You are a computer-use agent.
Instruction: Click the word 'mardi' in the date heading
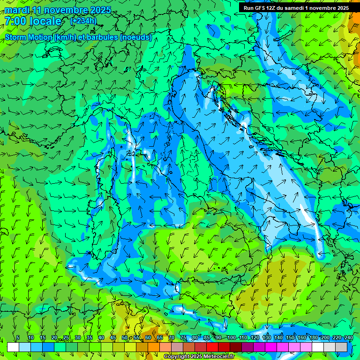(16, 10)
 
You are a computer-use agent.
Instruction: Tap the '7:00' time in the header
(15, 21)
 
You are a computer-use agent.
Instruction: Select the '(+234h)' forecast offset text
(83, 21)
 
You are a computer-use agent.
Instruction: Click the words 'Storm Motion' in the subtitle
(29, 37)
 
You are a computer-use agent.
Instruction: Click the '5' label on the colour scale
(18, 337)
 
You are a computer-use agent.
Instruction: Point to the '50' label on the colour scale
(125, 337)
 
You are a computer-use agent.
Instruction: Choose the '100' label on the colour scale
(231, 337)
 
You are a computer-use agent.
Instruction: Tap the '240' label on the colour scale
(348, 337)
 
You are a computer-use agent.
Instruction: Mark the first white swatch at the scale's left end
(13, 347)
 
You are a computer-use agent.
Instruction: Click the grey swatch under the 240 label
(341, 347)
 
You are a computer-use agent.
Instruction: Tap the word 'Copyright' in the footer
(176, 357)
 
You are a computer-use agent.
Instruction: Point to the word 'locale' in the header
(45, 21)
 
